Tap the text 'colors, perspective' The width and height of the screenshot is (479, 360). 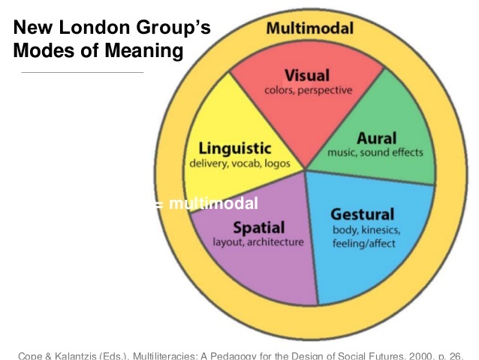(308, 90)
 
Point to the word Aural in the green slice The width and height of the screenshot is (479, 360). (376, 138)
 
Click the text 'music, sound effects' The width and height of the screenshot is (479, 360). (375, 153)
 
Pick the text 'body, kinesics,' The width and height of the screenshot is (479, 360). (366, 228)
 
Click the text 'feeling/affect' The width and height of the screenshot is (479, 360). (365, 243)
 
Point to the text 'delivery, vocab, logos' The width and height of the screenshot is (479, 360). (234, 162)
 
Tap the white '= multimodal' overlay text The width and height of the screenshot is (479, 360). (209, 204)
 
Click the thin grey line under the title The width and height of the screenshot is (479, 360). (82, 72)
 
